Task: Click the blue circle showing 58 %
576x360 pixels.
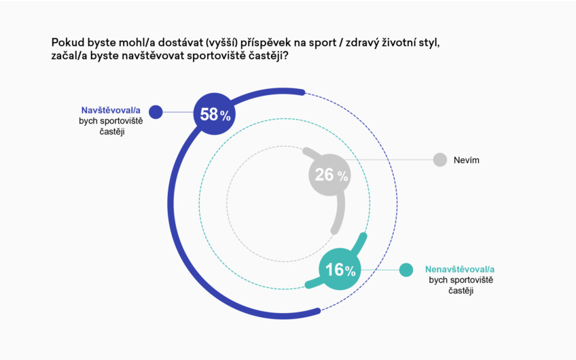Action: (x=215, y=113)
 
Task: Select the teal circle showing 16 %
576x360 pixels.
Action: (x=340, y=269)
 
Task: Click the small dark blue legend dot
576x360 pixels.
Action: (x=156, y=112)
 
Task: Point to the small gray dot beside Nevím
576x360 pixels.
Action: (x=440, y=160)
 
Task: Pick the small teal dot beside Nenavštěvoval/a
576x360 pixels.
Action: (x=406, y=270)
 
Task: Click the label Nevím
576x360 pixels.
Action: (x=467, y=161)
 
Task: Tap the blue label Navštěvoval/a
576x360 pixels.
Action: (x=111, y=110)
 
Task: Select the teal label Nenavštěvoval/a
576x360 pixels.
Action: (x=460, y=268)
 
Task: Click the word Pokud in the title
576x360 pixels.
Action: (x=67, y=43)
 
